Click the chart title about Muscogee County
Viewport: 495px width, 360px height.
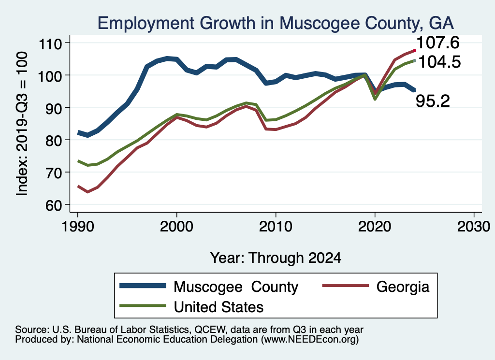pyautogui.click(x=275, y=23)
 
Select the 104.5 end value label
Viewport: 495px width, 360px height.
pyautogui.click(x=439, y=62)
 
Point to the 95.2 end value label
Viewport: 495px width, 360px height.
pyautogui.click(x=433, y=101)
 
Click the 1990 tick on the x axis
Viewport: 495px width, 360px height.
pyautogui.click(x=77, y=226)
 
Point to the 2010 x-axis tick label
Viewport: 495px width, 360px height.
pyautogui.click(x=276, y=226)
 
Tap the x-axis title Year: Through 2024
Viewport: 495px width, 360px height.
pyautogui.click(x=276, y=258)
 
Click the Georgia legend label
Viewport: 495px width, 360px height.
pyautogui.click(x=403, y=287)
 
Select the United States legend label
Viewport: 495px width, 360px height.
pyautogui.click(x=218, y=306)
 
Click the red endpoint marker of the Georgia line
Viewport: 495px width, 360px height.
pyautogui.click(x=414, y=50)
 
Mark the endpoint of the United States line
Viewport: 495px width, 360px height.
pyautogui.click(x=414, y=60)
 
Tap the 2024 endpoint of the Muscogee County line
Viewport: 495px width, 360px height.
pyautogui.click(x=414, y=90)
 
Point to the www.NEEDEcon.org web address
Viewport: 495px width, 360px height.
pyautogui.click(x=310, y=340)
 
